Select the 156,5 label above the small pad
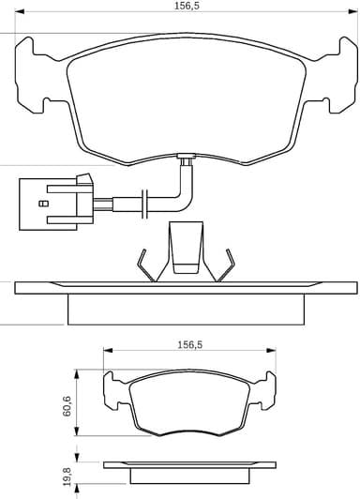191,344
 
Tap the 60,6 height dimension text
67,404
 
